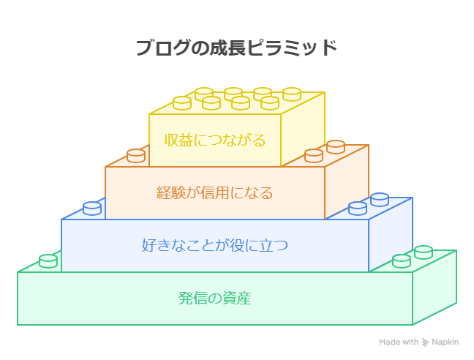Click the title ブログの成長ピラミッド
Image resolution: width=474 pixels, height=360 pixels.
click(236, 48)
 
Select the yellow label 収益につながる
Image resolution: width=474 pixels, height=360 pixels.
click(214, 140)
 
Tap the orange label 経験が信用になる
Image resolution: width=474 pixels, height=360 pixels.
click(214, 192)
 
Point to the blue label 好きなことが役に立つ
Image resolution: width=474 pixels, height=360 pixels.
click(214, 245)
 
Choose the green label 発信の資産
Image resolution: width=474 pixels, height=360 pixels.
click(214, 298)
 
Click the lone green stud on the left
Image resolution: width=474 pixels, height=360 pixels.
click(48, 261)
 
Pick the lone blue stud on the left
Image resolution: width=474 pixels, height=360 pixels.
click(92, 209)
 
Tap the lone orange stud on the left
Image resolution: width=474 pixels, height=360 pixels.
click(136, 156)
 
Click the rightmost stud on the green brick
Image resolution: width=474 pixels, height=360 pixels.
click(424, 252)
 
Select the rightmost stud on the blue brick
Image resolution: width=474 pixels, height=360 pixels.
click(380, 200)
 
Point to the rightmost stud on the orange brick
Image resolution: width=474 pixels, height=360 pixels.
click(336, 147)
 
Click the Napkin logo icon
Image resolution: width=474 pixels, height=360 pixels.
click(425, 342)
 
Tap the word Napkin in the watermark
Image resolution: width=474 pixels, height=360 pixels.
click(445, 342)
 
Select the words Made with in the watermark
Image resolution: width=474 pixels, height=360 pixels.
click(399, 342)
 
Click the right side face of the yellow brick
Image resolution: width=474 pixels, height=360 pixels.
click(303, 130)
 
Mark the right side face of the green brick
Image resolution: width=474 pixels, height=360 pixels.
click(434, 288)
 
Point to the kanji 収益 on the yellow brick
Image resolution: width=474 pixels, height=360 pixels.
click(178, 140)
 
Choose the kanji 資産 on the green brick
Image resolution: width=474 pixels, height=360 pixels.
click(237, 298)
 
